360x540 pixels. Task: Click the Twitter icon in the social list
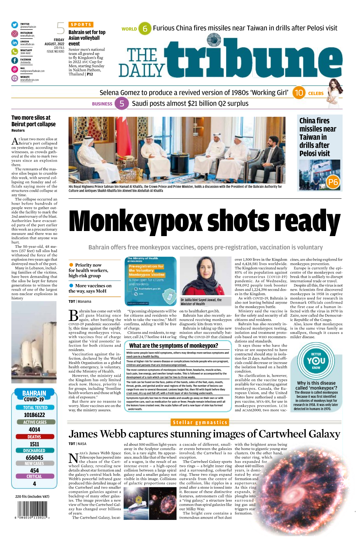click(14, 25)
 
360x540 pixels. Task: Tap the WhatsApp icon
click(14, 52)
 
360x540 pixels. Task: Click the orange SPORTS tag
click(81, 25)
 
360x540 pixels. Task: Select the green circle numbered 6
click(145, 28)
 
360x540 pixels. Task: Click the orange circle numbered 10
click(299, 93)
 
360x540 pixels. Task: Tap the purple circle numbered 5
click(122, 103)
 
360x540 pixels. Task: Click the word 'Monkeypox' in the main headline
click(135, 221)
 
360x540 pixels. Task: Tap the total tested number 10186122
click(35, 415)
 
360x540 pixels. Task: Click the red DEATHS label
click(35, 436)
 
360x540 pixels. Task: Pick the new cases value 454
click(35, 470)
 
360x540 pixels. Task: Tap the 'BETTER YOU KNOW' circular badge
click(316, 361)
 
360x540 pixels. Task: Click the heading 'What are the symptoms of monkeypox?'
click(174, 346)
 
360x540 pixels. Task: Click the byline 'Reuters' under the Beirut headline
click(18, 130)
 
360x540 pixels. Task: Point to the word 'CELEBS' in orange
click(316, 93)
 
